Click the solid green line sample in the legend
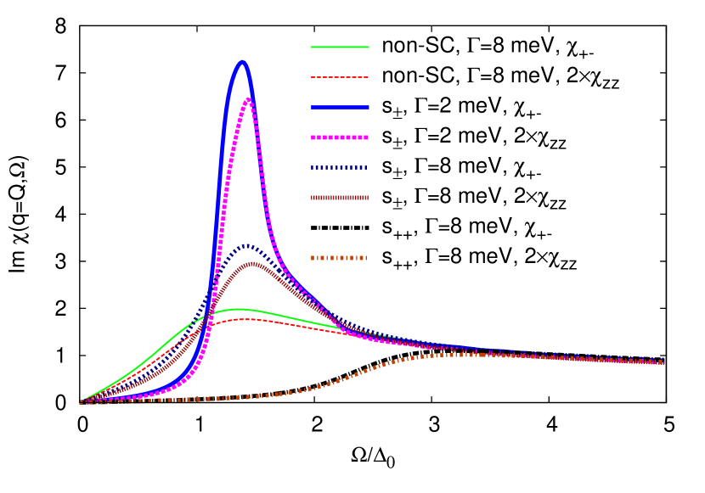tap(340, 47)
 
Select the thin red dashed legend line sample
tap(340, 77)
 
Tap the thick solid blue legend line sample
tap(340, 107)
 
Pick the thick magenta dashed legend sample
tap(340, 137)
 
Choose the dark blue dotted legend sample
tap(340, 167)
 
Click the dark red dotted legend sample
tap(340, 198)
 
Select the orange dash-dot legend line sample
tap(340, 258)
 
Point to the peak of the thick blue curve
tap(242, 61)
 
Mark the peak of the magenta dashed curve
tap(248, 99)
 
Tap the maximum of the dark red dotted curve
tap(251, 263)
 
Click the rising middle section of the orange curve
tap(357, 373)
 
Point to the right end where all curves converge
tap(663, 362)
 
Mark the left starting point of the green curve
tap(82, 401)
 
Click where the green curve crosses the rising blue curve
tap(206, 316)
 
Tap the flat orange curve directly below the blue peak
tap(242, 397)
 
